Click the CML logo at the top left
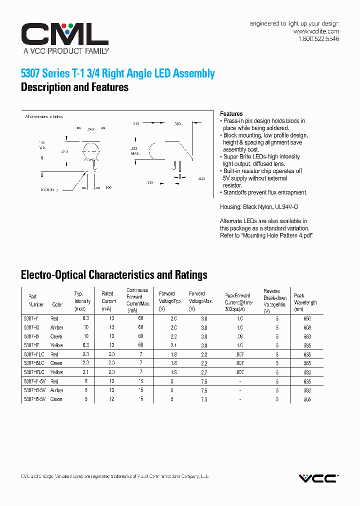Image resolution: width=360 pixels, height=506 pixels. (64, 34)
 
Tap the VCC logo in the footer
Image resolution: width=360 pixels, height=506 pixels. (318, 478)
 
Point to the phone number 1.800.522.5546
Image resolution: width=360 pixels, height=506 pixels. (318, 38)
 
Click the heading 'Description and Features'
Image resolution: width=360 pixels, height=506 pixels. (74, 87)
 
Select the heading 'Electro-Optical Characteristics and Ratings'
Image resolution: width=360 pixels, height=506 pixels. (114, 274)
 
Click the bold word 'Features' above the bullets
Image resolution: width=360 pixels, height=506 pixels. (231, 113)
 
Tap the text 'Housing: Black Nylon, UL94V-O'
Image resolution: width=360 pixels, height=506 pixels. (259, 206)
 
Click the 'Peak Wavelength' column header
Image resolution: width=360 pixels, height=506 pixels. (305, 299)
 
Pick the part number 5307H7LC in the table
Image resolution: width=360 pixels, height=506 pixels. (34, 372)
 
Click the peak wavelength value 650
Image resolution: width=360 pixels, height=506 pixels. (306, 318)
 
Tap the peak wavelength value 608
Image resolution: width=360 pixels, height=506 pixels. (306, 327)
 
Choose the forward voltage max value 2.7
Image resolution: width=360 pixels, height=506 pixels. (204, 372)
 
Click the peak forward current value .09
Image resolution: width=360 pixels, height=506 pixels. (240, 336)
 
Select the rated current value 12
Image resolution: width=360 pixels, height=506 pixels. (111, 399)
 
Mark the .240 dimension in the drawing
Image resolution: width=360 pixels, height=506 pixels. (89, 129)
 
